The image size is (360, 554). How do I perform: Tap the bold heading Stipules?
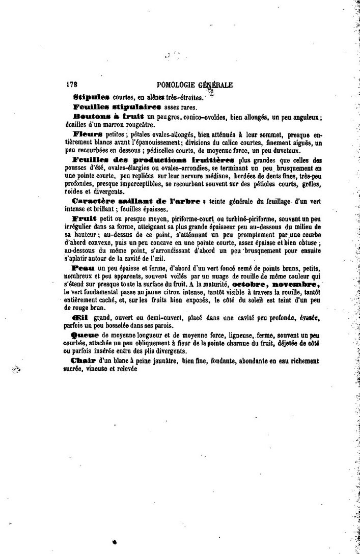click(88, 96)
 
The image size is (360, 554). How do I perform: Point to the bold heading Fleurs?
click(89, 133)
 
